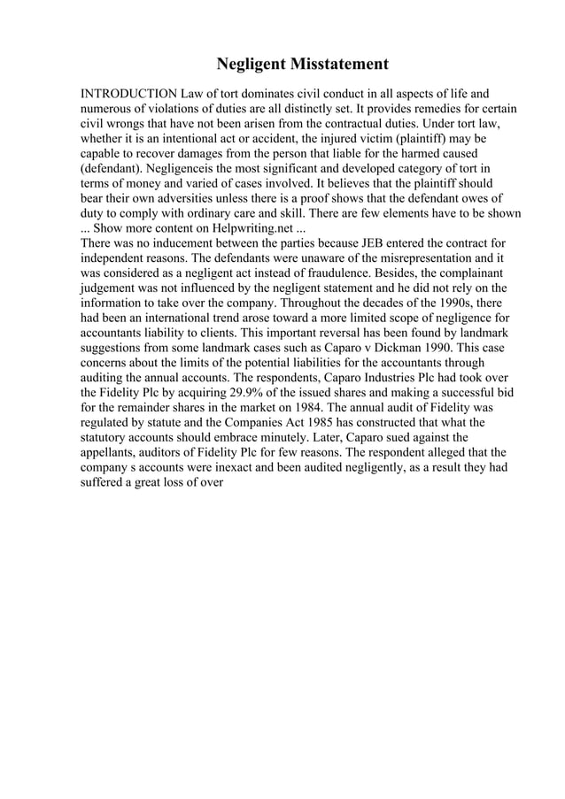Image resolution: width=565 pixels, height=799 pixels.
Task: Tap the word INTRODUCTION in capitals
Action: point(128,93)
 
